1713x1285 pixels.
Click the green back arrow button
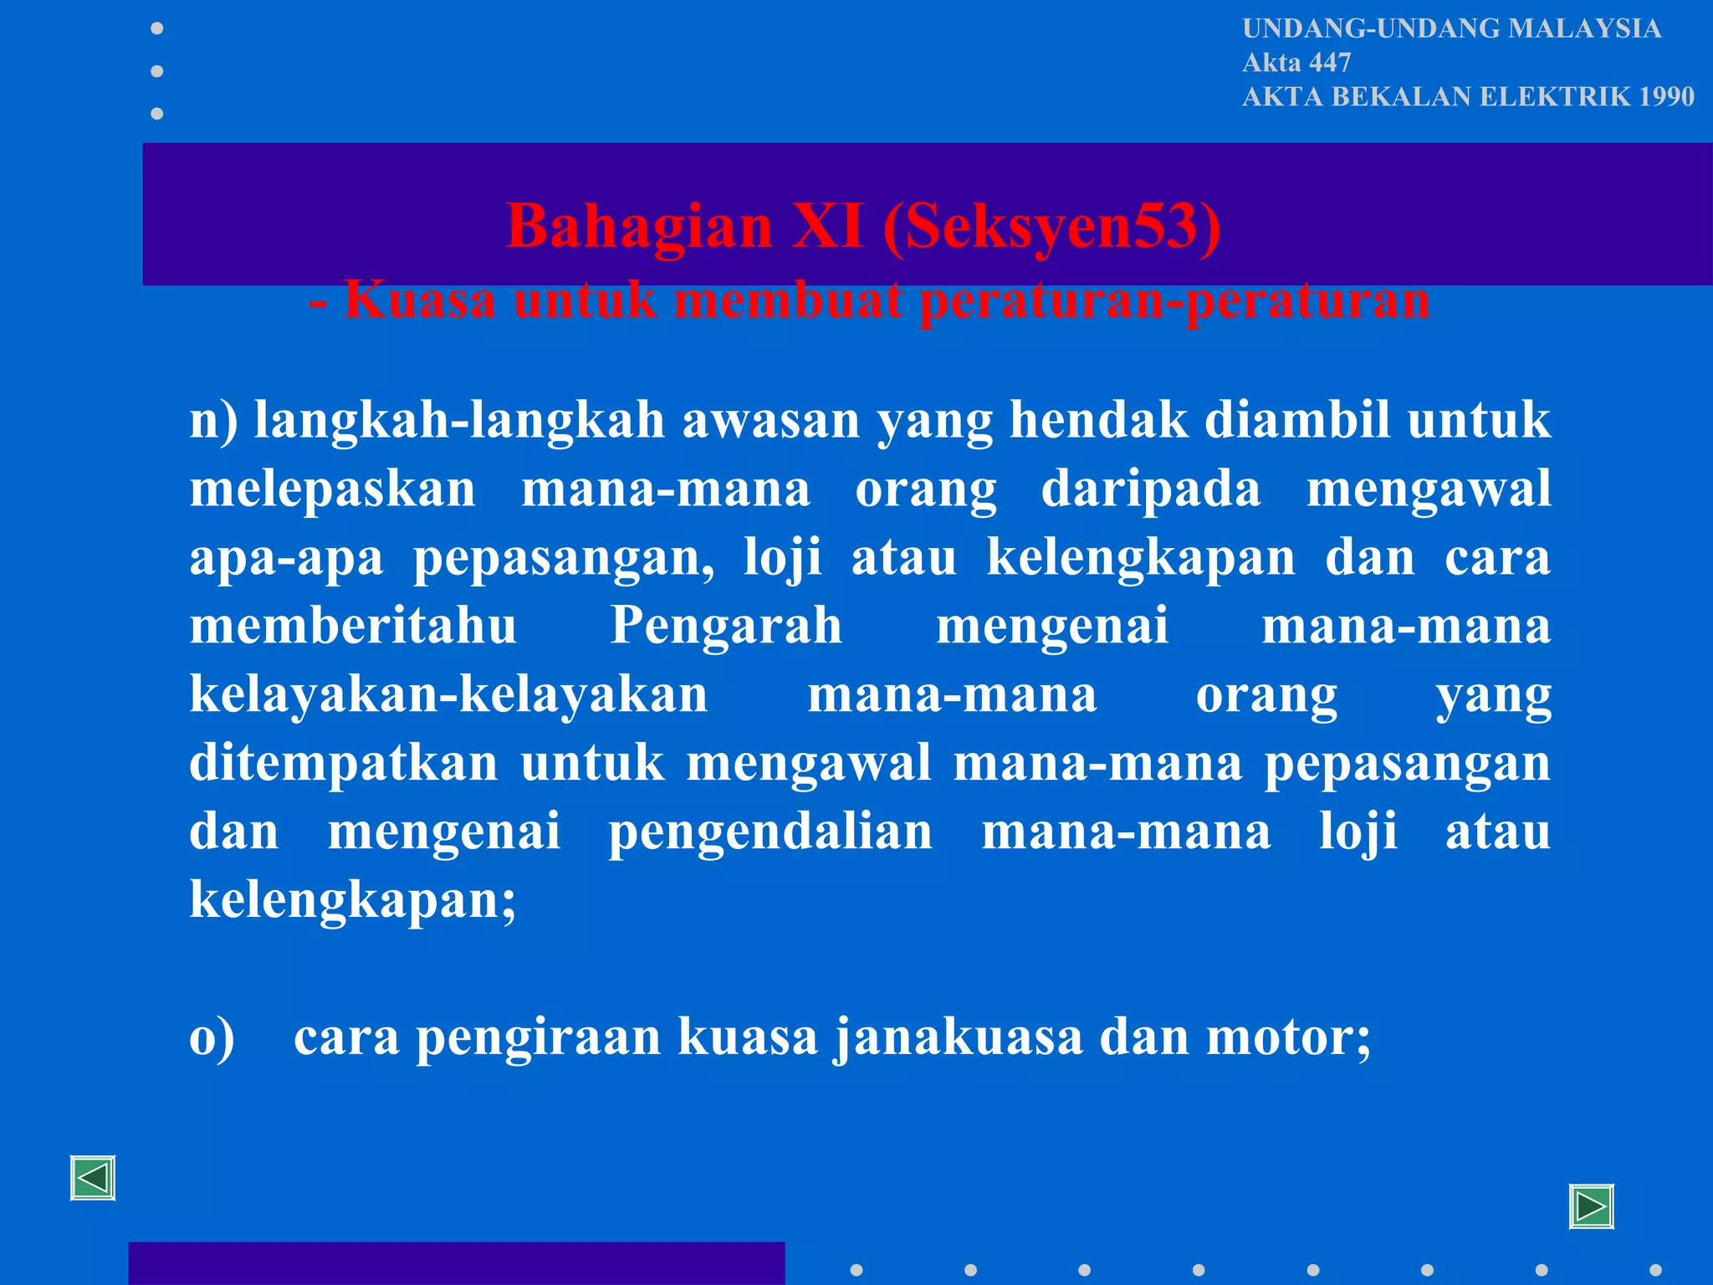(x=93, y=1179)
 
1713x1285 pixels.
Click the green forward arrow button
(x=1591, y=1207)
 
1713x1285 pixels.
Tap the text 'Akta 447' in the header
(x=1296, y=63)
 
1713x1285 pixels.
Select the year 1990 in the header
(x=1666, y=97)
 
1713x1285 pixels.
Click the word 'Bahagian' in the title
(x=640, y=227)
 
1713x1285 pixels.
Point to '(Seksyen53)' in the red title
(x=1051, y=227)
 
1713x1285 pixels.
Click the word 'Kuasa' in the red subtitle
(x=420, y=300)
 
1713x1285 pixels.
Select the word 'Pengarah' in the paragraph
(x=726, y=625)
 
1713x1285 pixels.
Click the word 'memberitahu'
(x=353, y=625)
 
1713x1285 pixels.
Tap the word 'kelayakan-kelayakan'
(x=448, y=694)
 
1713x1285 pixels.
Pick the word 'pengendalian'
(x=770, y=832)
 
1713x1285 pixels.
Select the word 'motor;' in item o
(x=1288, y=1037)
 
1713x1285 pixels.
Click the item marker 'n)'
(x=213, y=420)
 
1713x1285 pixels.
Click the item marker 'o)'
(x=212, y=1037)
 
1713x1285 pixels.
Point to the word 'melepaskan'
(x=332, y=489)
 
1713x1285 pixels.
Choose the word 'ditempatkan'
(x=344, y=763)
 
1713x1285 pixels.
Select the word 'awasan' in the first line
(x=770, y=420)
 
